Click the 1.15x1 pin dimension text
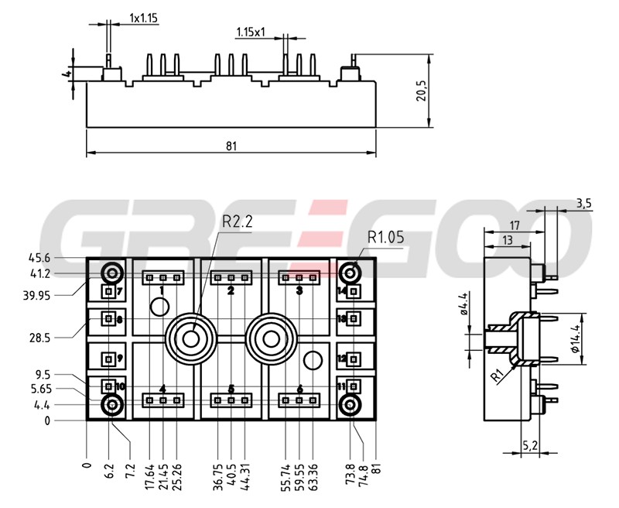point(251,33)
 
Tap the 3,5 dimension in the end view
point(583,204)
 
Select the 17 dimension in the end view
point(514,225)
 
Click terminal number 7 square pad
point(109,292)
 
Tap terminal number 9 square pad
point(109,359)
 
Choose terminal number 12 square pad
point(354,359)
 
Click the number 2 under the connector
point(231,291)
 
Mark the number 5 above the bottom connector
point(231,389)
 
